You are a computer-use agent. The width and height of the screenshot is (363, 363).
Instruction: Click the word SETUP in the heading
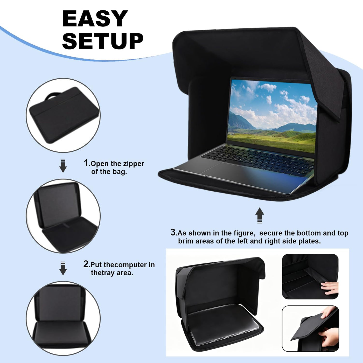click(103, 41)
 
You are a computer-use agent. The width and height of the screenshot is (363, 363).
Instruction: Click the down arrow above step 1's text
click(63, 166)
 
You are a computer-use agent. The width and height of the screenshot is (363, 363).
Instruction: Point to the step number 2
click(86, 264)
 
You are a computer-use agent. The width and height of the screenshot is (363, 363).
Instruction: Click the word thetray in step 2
click(103, 273)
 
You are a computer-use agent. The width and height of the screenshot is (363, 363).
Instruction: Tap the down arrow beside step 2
click(63, 268)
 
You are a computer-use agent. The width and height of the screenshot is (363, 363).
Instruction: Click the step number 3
click(173, 232)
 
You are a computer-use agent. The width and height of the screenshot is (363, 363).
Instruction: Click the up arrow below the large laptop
click(260, 215)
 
